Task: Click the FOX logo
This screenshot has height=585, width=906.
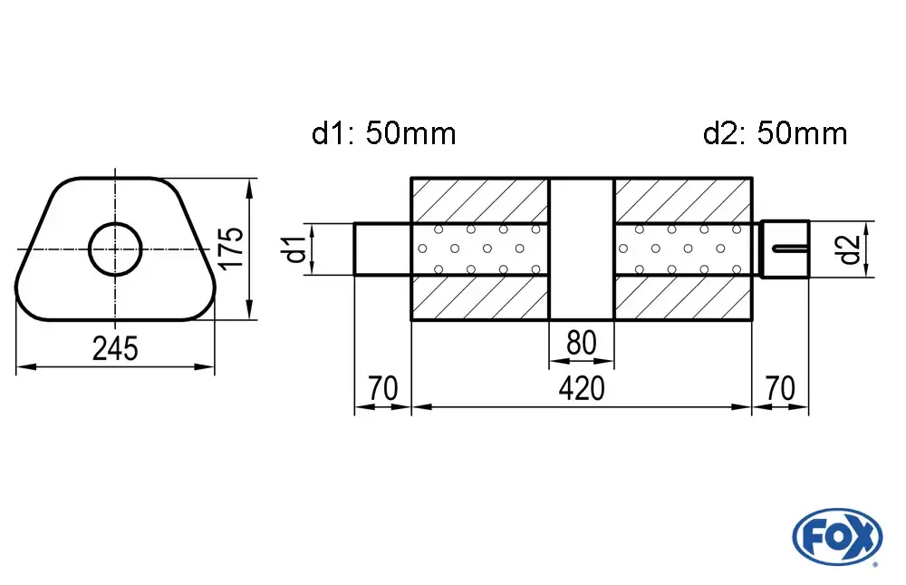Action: point(837,536)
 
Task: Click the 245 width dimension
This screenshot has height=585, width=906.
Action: point(116,349)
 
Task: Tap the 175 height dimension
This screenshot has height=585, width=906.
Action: point(232,248)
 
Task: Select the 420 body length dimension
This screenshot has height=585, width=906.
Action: point(582,388)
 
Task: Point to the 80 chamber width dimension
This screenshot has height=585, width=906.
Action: point(582,343)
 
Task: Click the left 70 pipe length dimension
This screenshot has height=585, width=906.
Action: point(382,388)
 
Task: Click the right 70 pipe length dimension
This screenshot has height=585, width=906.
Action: point(780,388)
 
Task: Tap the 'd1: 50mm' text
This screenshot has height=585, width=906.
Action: point(383,133)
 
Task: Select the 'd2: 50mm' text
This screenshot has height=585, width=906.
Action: point(776,133)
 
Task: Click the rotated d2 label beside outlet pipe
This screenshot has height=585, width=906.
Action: point(850,249)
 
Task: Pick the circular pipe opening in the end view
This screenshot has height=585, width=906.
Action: point(116,249)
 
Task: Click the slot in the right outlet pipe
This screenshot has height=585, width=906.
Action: point(790,249)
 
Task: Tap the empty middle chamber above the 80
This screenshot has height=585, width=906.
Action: point(582,249)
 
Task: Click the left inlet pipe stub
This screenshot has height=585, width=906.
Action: point(382,249)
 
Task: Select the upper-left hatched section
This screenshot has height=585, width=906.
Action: point(479,200)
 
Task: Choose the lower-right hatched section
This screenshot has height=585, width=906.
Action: point(683,297)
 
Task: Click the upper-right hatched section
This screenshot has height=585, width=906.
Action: point(683,200)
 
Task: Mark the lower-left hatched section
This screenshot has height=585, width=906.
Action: point(479,297)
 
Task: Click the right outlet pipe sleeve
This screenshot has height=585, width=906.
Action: point(785,249)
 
